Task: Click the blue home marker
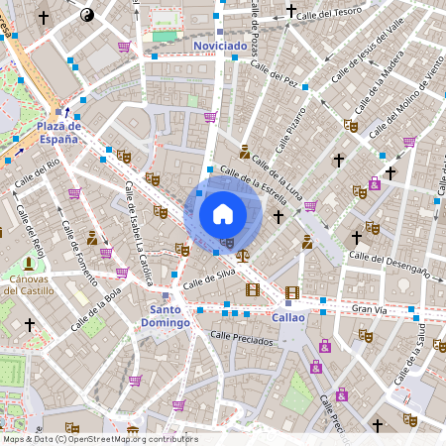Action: pos(222,213)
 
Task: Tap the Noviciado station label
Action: pos(220,46)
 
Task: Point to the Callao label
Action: pos(287,317)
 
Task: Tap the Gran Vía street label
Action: pos(370,310)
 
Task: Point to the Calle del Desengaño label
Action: pos(391,264)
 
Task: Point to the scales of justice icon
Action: pos(244,255)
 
